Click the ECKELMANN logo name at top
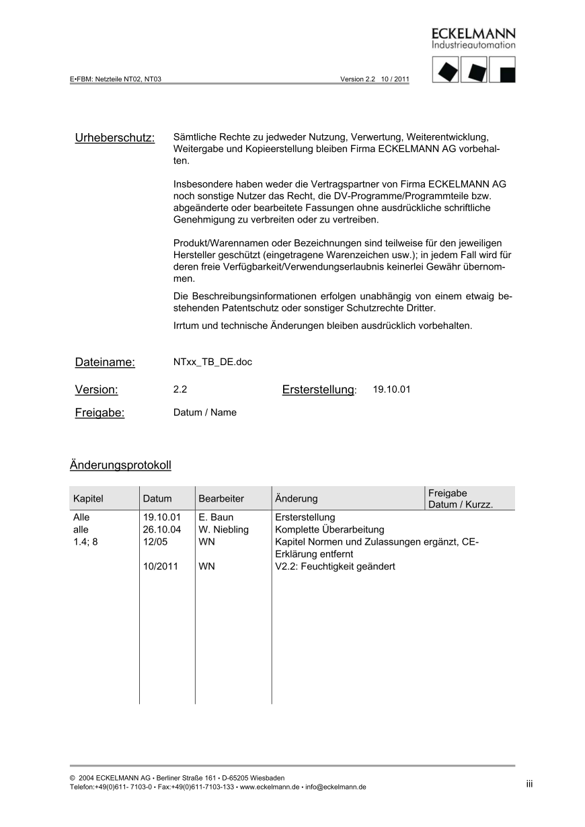coord(473,34)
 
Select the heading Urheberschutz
coord(115,138)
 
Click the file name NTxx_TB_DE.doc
coord(212,362)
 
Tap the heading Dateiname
coord(105,362)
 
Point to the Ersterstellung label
coord(318,390)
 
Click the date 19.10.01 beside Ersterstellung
coord(391,389)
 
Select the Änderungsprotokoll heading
coord(120,465)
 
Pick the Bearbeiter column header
coord(221,499)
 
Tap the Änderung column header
coord(297,499)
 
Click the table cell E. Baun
coord(216,518)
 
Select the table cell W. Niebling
coord(223,530)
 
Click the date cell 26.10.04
coord(162,530)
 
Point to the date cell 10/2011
coord(161,567)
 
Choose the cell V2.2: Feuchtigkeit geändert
coord(336,567)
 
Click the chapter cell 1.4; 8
coord(85,542)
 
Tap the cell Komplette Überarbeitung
coord(329,530)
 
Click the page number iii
coord(529,784)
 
